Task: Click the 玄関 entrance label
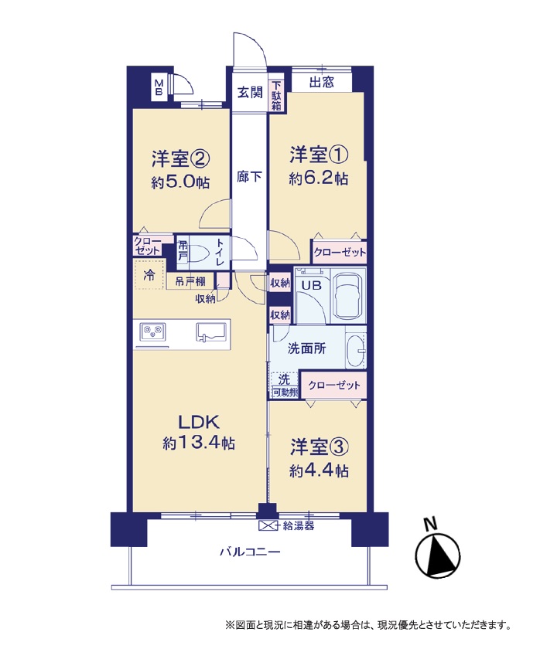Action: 250,93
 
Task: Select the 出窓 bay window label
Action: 322,82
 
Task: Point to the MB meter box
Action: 159,87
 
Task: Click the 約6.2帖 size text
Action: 318,178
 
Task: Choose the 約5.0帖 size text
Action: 180,182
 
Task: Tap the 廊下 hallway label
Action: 249,176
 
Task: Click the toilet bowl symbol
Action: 198,254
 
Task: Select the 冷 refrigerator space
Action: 149,275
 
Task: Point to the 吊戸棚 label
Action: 190,281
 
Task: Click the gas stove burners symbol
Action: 152,331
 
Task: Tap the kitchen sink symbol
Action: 212,331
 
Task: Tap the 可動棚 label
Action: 285,392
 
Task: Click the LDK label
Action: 199,421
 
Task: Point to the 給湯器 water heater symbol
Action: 268,525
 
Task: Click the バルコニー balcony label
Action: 250,552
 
